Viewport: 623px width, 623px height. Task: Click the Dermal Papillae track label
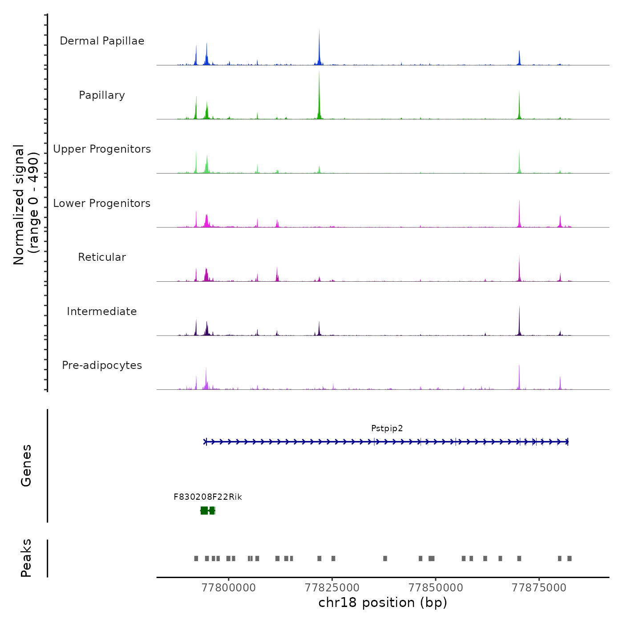[102, 41]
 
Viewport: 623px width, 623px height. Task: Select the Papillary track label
[102, 95]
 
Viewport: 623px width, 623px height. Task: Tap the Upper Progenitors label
[102, 149]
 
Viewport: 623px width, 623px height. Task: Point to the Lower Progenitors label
[102, 203]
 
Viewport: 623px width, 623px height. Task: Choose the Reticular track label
[102, 257]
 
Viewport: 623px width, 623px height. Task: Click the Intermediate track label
[102, 311]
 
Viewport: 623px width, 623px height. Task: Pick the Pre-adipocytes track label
[102, 365]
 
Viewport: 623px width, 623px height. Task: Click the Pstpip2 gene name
[387, 429]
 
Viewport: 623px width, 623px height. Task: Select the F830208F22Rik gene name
[208, 497]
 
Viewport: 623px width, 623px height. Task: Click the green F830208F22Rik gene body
[208, 510]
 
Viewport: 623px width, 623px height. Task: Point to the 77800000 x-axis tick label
[229, 588]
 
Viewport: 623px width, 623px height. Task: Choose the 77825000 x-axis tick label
[332, 588]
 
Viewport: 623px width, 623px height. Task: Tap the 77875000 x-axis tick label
[539, 588]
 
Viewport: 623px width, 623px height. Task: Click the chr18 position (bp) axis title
[383, 603]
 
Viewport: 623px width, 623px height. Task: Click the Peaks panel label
[26, 558]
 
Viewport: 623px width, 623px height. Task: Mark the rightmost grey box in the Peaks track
[570, 558]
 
